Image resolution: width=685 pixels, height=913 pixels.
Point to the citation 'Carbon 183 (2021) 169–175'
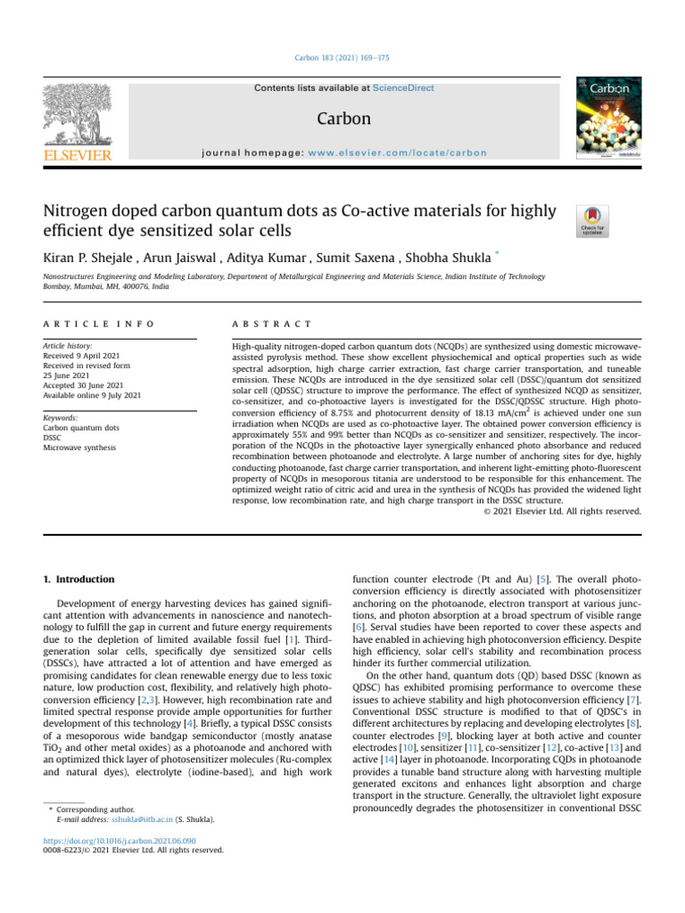tap(342, 58)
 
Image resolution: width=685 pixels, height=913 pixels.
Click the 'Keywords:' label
tap(62, 416)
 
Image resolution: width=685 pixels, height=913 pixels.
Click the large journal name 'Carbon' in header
tap(342, 119)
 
